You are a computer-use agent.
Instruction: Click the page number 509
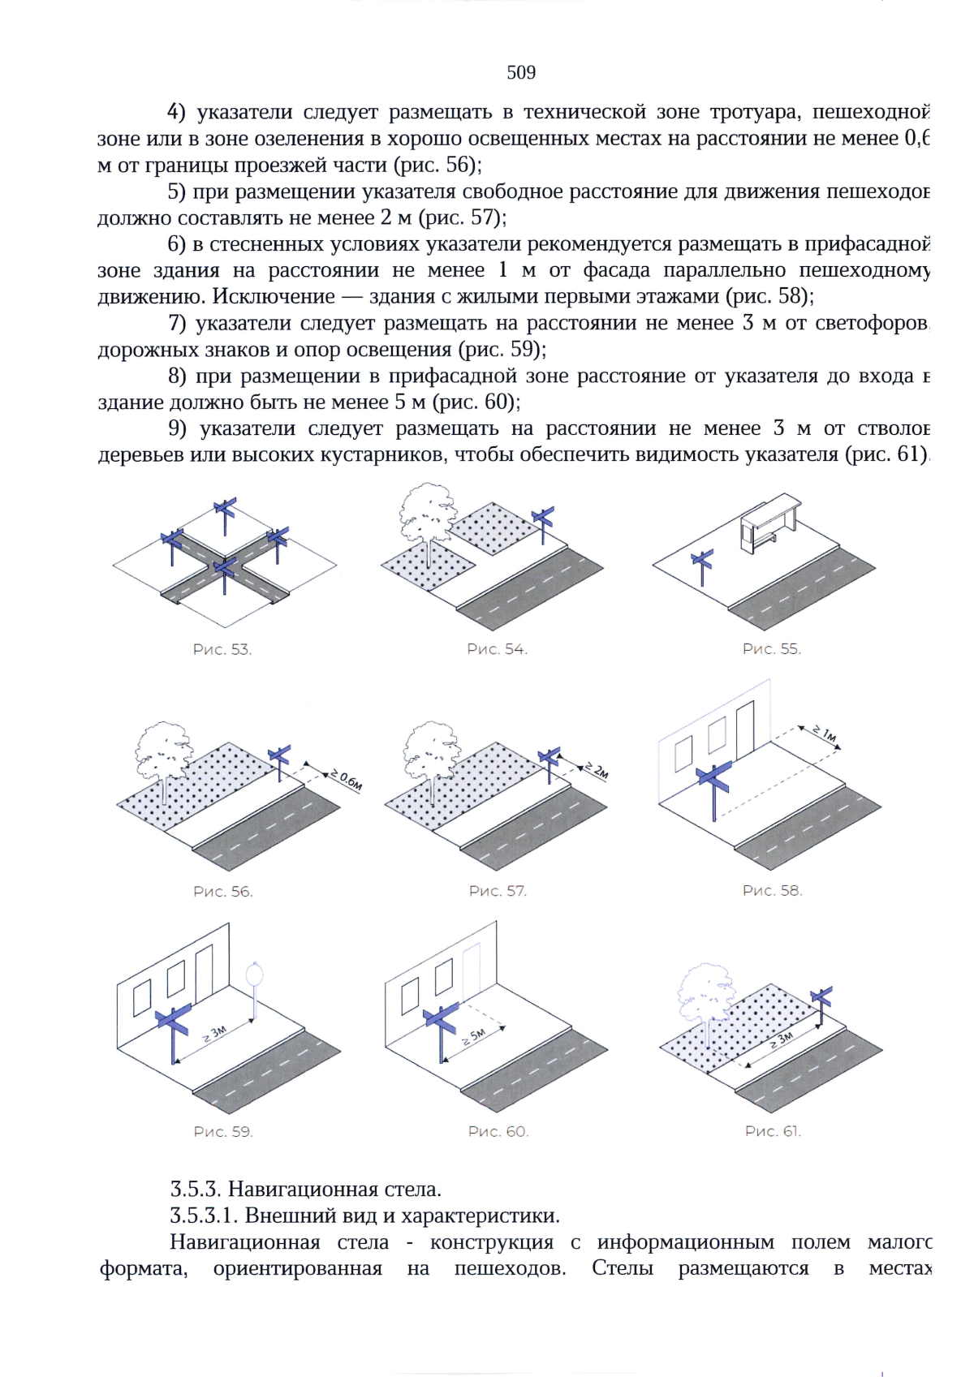click(x=521, y=73)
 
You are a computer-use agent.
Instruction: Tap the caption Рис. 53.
click(x=222, y=650)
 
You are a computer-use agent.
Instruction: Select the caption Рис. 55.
click(x=771, y=649)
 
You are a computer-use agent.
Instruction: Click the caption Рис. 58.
click(x=772, y=891)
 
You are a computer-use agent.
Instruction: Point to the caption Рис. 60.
click(x=498, y=1132)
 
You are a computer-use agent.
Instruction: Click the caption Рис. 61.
click(x=773, y=1131)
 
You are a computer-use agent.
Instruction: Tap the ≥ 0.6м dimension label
click(x=346, y=780)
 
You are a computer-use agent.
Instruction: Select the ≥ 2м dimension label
click(x=597, y=770)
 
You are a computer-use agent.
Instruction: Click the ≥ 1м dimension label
click(x=825, y=735)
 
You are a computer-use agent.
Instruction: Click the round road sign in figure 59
click(x=255, y=975)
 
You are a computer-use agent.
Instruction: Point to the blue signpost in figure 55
click(x=702, y=566)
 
